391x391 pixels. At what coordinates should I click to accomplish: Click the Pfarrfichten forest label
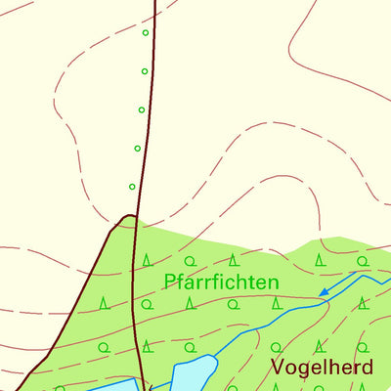tap(221, 282)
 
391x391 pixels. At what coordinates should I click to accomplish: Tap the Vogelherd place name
tap(322, 368)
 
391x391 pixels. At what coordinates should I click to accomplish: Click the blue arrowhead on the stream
tap(324, 291)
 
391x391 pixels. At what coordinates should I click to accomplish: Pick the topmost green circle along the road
tap(146, 33)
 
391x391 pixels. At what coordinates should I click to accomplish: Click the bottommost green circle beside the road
tap(132, 186)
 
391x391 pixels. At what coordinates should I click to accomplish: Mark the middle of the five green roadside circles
tap(142, 109)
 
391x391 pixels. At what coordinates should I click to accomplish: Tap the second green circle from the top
tap(145, 71)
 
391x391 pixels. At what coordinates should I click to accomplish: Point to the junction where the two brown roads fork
tap(129, 216)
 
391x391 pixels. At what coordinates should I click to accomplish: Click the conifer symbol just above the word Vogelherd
tap(320, 345)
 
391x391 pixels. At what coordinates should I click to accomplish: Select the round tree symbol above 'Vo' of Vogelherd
tap(277, 347)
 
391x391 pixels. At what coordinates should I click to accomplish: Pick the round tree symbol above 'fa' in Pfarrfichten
tap(189, 260)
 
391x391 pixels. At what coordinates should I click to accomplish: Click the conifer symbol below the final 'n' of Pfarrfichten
tap(277, 304)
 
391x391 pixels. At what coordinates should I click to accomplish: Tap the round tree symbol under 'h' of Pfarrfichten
tap(233, 304)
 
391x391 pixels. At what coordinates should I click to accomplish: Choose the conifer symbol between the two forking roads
tap(105, 304)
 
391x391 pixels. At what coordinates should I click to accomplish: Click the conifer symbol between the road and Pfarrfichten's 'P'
tap(147, 260)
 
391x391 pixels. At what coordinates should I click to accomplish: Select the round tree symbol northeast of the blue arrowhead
tap(362, 261)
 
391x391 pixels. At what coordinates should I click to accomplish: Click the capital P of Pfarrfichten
tap(170, 282)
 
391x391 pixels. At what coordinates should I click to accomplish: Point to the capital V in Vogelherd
tap(277, 368)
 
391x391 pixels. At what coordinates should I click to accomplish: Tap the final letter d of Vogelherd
tap(367, 368)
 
